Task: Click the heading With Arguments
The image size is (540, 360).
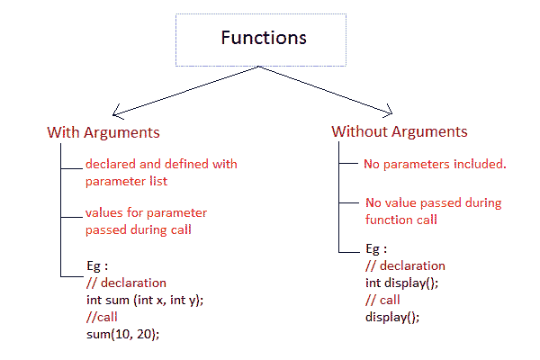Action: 103,132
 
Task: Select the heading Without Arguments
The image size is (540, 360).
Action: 400,131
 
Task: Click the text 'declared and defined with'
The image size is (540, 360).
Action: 161,165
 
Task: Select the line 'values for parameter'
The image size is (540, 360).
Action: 147,213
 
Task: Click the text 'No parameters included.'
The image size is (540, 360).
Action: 435,165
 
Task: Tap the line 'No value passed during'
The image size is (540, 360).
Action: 434,202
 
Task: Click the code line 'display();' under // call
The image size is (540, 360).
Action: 392,317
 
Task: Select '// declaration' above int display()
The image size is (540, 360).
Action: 405,266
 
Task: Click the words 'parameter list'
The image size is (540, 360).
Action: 126,181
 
